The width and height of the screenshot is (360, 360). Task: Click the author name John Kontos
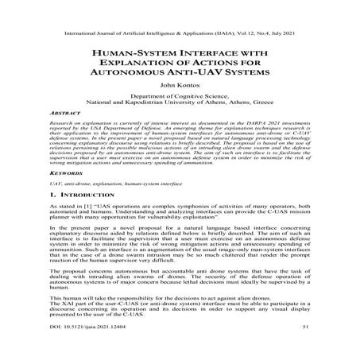(180, 83)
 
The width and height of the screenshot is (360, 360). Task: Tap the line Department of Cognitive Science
(180, 95)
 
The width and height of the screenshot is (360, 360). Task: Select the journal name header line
(180, 14)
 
